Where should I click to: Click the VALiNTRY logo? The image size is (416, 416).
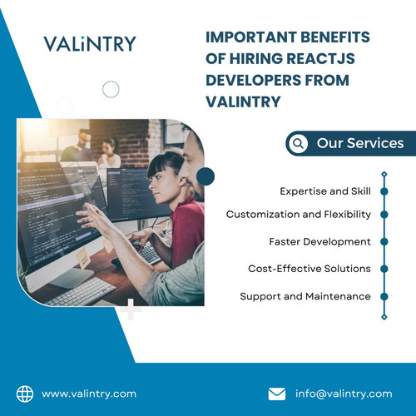pyautogui.click(x=89, y=44)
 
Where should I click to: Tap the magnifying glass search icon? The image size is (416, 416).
pyautogui.click(x=298, y=143)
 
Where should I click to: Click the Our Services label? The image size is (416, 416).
pyautogui.click(x=359, y=143)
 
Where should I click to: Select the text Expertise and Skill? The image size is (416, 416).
pyautogui.click(x=325, y=191)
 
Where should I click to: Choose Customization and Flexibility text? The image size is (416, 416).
pyautogui.click(x=299, y=215)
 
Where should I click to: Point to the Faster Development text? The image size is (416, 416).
pyautogui.click(x=319, y=241)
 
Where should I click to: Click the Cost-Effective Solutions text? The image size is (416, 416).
pyautogui.click(x=310, y=269)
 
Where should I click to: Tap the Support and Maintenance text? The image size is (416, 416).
pyautogui.click(x=305, y=296)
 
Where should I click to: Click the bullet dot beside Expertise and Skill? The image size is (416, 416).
pyautogui.click(x=384, y=191)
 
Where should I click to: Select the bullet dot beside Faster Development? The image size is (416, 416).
pyautogui.click(x=384, y=241)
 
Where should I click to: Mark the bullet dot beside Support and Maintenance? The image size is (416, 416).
pyautogui.click(x=384, y=296)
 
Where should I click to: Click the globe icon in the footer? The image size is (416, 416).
pyautogui.click(x=24, y=394)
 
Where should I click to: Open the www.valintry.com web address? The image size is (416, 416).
pyautogui.click(x=89, y=394)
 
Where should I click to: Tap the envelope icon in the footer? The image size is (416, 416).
pyautogui.click(x=277, y=394)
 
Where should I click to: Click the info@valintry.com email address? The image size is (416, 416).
pyautogui.click(x=343, y=394)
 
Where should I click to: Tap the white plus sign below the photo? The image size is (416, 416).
pyautogui.click(x=129, y=310)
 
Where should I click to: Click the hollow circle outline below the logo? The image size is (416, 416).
pyautogui.click(x=110, y=89)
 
